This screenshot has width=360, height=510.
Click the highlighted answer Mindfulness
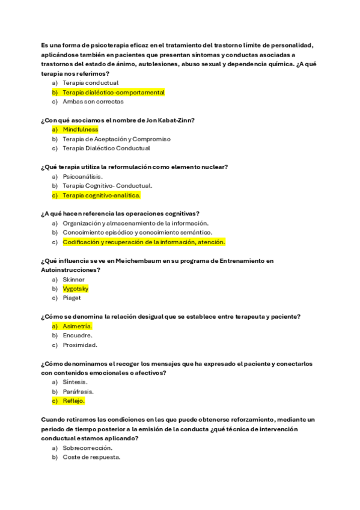click(80, 129)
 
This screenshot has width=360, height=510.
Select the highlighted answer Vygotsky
click(76, 289)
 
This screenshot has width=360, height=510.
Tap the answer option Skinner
click(73, 280)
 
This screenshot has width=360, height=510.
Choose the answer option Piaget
click(72, 298)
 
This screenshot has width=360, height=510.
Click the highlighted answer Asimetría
click(78, 326)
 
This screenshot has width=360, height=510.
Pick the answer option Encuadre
click(78, 336)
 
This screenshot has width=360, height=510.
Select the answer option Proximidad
click(80, 345)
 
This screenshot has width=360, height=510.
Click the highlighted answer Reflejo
click(73, 401)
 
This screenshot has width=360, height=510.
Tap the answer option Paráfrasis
click(78, 392)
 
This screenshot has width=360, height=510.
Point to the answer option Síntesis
click(75, 382)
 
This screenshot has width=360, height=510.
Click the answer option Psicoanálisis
click(83, 176)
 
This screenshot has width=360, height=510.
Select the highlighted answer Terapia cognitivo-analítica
click(101, 195)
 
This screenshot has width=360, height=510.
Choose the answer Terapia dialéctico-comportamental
click(114, 92)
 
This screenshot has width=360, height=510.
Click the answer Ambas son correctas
click(93, 102)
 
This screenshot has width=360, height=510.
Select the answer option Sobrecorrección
click(88, 447)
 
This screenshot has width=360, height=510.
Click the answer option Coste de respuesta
click(91, 457)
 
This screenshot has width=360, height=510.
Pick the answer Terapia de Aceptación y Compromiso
click(117, 139)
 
